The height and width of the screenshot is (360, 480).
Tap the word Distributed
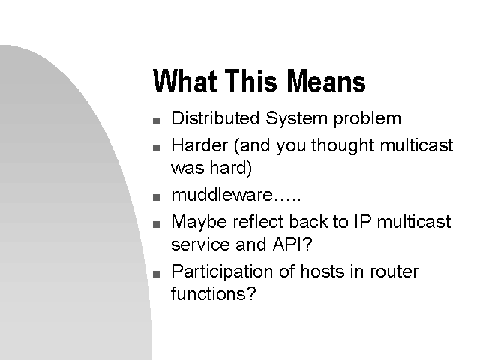coord(215,118)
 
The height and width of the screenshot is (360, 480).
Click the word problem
coord(367,119)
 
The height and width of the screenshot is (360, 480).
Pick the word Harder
coord(199,145)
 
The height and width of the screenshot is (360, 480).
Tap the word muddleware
coord(222,195)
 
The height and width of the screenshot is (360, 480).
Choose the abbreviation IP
coord(363,221)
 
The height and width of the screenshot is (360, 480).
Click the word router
coord(394,271)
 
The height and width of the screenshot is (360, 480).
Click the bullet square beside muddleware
coord(157,197)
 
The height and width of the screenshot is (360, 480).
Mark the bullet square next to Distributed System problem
coord(157,121)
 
